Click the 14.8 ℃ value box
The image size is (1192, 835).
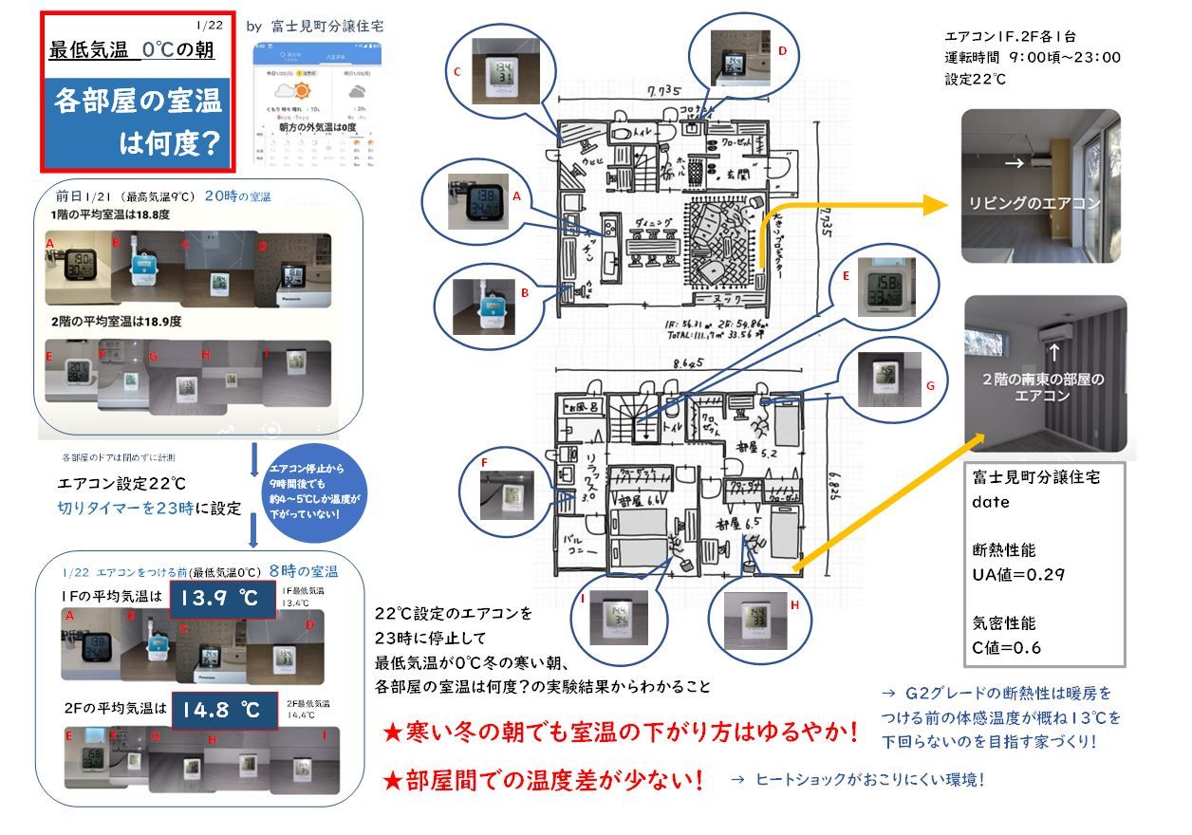[x=222, y=709]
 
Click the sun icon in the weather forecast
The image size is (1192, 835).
[x=302, y=92]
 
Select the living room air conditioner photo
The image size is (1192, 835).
[x=1041, y=186]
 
